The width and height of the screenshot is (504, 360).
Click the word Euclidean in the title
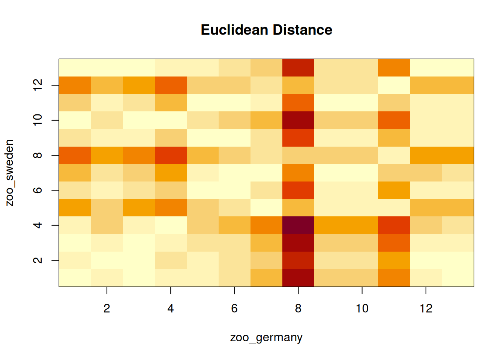coord(235,30)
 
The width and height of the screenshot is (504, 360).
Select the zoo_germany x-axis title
coord(266,337)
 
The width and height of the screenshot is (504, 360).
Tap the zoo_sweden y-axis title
coord(10,173)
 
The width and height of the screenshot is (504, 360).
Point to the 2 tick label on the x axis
coord(107,309)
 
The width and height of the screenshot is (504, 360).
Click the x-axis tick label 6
coord(234,309)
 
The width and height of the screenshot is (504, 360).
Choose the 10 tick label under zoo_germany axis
coord(362,309)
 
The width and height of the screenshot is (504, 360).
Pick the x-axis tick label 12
coord(426,309)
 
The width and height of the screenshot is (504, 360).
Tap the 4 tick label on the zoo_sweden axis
coord(37,225)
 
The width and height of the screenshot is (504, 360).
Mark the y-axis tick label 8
coord(37,155)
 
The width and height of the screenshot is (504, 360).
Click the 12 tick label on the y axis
coord(37,85)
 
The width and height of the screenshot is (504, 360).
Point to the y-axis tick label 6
coord(37,190)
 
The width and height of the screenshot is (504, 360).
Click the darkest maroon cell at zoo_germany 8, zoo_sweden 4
coord(298,225)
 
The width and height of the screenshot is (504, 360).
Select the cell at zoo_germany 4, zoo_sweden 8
coord(171,155)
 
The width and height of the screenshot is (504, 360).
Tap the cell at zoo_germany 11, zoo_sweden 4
coord(394,225)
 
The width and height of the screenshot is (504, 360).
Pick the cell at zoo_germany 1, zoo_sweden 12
coord(75,85)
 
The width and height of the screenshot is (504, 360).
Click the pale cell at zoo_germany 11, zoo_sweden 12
coord(394,85)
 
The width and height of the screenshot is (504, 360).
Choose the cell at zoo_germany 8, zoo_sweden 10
coord(298,120)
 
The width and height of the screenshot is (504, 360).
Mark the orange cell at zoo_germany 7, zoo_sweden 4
coord(266,225)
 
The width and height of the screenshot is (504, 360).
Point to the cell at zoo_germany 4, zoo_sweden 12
coord(171,85)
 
